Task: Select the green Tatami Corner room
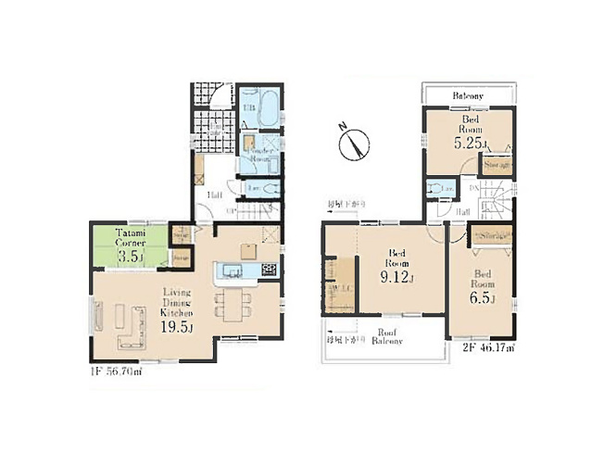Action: [129, 245]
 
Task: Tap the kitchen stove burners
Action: [268, 271]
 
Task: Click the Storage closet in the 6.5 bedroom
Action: [492, 237]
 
